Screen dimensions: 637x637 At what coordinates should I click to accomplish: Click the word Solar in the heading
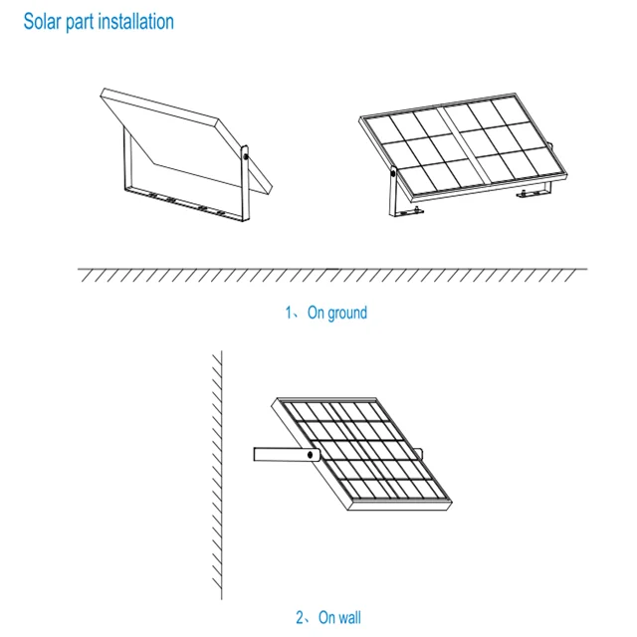44,21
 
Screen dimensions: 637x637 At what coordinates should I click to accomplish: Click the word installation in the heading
134,21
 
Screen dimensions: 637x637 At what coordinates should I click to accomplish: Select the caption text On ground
336,313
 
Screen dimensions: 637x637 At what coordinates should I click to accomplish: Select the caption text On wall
339,618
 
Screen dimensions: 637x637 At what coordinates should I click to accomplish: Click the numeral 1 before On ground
288,313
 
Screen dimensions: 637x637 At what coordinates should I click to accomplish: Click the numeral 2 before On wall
300,618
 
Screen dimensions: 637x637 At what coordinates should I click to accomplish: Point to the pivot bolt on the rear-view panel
244,153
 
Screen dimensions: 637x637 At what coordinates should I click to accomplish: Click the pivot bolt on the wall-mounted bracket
313,454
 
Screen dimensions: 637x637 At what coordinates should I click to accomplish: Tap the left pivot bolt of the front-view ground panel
394,174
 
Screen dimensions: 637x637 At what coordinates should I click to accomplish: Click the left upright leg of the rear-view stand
122,163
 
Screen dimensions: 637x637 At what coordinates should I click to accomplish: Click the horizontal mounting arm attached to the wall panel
283,454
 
